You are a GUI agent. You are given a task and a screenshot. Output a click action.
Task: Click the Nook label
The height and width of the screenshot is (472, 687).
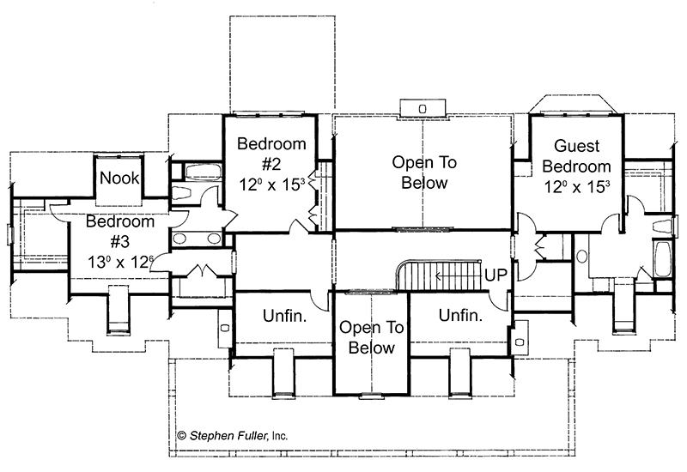pos(119,178)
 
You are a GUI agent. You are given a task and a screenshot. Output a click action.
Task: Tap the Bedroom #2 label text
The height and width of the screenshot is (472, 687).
pos(271,154)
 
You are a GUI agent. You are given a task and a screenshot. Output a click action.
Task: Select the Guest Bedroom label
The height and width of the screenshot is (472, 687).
pos(576,156)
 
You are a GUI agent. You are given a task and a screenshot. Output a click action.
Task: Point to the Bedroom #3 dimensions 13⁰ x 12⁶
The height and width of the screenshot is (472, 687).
pos(120,262)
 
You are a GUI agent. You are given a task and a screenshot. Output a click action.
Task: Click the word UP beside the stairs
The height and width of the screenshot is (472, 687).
pos(495,275)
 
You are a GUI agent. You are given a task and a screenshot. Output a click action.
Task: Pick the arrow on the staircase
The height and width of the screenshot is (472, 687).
pos(457,275)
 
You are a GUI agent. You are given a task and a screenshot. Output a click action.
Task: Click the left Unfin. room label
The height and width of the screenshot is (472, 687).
pos(284,316)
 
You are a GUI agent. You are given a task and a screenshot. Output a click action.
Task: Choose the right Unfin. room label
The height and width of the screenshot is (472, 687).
pos(460,315)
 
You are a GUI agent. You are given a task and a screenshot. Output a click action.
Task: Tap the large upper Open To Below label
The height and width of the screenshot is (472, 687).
pos(424,172)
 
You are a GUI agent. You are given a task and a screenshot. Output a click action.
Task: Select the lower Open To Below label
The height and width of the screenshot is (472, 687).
pos(372,337)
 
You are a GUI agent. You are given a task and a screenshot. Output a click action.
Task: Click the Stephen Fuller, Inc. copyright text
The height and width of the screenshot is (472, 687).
pos(233,436)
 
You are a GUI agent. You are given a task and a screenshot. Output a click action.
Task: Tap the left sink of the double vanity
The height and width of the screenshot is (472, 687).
pos(179,239)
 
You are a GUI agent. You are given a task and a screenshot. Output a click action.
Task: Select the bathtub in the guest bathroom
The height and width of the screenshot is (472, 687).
pos(661,259)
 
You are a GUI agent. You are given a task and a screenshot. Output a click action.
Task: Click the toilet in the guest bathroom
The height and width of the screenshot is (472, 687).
pos(662,227)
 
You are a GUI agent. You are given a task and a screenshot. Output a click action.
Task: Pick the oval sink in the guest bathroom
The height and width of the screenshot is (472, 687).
pos(582,256)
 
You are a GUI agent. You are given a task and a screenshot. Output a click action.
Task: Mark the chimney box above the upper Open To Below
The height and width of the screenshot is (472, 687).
pos(423,109)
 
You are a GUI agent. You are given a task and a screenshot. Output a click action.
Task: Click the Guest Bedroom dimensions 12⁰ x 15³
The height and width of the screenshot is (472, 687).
pos(576,187)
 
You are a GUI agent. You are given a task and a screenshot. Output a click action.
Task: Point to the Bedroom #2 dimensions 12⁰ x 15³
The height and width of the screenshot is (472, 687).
pos(271,185)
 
